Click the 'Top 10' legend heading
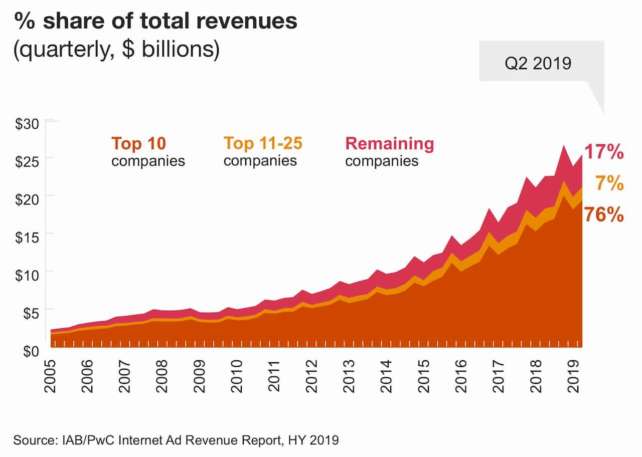(x=139, y=144)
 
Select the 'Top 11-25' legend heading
(x=263, y=144)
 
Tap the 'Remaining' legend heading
(x=390, y=144)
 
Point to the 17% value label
(x=604, y=151)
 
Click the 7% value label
(x=609, y=183)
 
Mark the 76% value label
(x=604, y=215)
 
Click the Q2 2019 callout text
(x=538, y=64)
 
